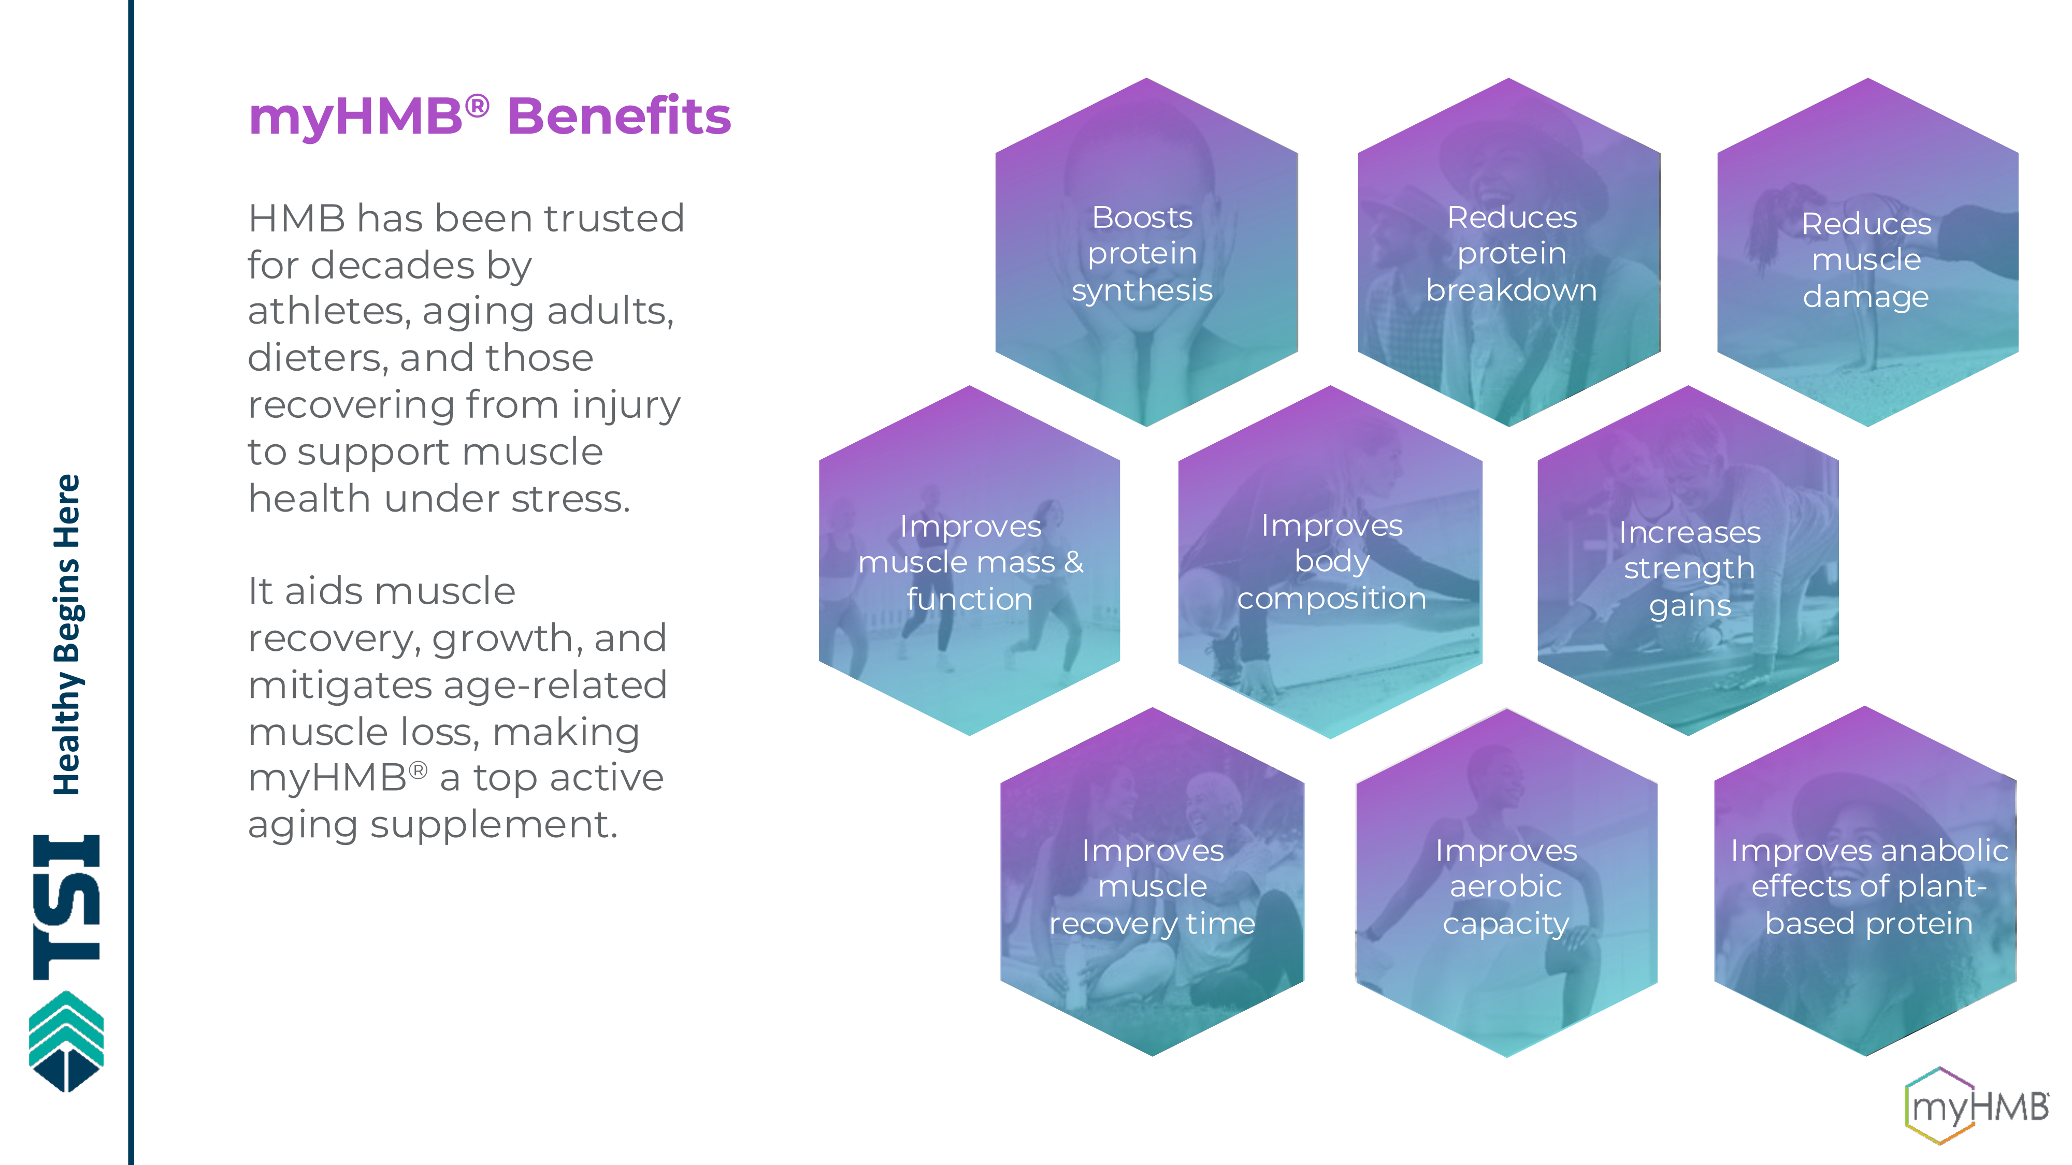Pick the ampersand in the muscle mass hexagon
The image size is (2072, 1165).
click(1074, 562)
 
